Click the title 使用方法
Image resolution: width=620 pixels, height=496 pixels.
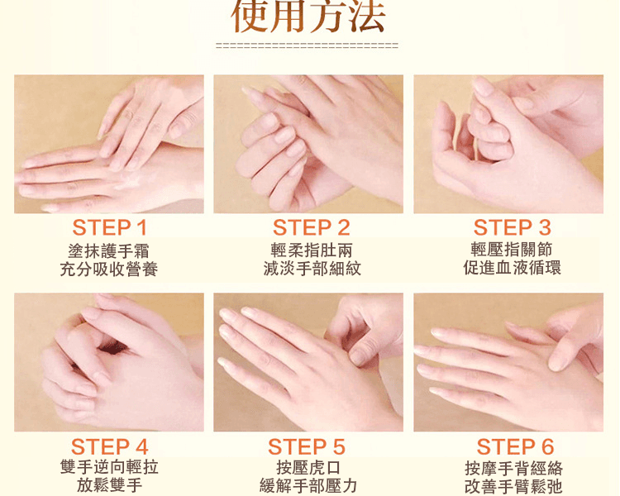308,17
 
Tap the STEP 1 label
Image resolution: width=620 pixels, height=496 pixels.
109,228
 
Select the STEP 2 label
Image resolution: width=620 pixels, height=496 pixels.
311,228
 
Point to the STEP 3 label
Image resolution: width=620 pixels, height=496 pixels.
512,228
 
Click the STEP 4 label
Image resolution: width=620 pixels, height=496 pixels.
109,447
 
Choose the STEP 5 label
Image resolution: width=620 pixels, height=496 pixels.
307,447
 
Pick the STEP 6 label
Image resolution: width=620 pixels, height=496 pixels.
515,447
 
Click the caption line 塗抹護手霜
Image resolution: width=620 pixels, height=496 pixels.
109,251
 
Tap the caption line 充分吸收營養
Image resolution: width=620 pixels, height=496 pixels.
109,269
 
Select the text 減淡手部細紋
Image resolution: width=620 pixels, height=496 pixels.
312,269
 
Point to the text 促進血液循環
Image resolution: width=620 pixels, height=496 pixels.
512,268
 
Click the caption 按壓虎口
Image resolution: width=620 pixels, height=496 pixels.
308,468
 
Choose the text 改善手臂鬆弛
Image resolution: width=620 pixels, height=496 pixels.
513,486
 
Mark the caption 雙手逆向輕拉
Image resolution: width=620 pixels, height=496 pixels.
109,467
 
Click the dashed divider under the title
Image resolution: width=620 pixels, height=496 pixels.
307,45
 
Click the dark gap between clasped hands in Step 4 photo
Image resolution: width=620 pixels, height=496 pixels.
112,348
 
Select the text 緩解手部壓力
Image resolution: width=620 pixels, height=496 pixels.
308,486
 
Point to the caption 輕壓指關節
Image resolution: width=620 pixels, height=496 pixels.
512,250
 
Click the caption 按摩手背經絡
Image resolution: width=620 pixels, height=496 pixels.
513,469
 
